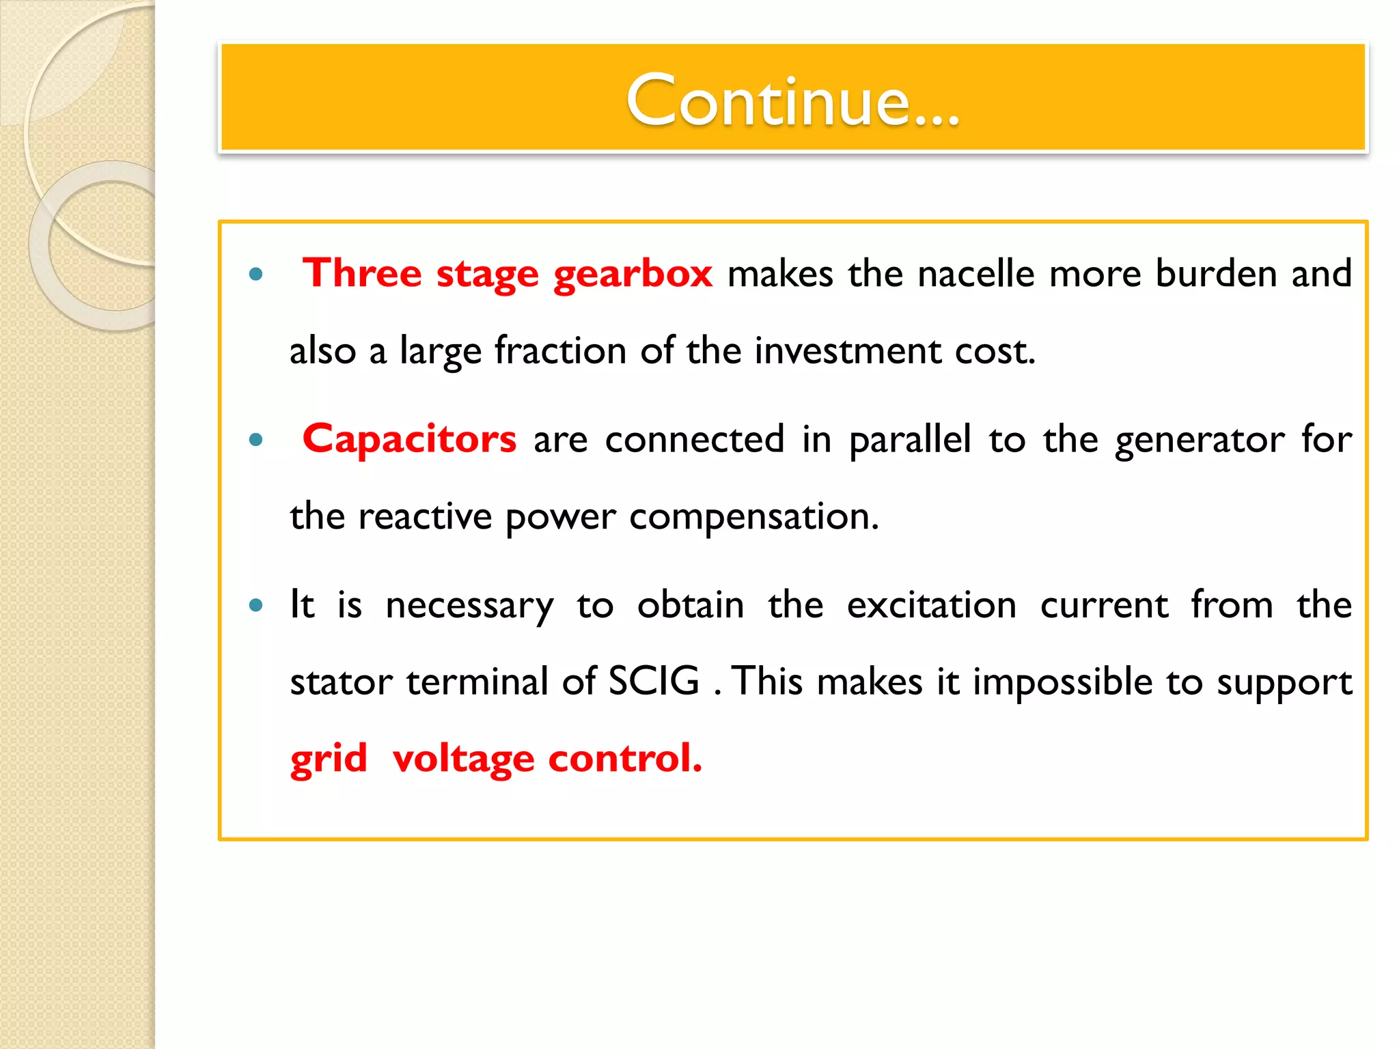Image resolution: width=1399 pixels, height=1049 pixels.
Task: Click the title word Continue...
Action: [x=792, y=100]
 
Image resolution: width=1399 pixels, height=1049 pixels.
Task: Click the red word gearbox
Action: [x=633, y=275]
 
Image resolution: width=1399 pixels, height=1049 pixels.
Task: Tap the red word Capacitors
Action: [x=409, y=439]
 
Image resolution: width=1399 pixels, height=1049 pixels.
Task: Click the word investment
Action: [x=847, y=352]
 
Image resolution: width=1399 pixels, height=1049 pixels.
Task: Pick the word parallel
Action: [x=910, y=439]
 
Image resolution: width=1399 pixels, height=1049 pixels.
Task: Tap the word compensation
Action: [x=754, y=518]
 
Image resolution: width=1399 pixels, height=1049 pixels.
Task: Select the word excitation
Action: [x=932, y=605]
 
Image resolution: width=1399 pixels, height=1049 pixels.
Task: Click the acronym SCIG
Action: [x=654, y=682]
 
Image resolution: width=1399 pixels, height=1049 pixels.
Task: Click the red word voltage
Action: [x=463, y=759]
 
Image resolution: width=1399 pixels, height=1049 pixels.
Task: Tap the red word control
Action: [x=625, y=759]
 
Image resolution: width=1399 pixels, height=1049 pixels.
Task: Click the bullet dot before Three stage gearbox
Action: [x=256, y=275]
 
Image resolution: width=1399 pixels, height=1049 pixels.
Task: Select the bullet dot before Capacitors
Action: [x=256, y=440]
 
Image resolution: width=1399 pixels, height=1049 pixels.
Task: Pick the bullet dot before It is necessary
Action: [x=256, y=605]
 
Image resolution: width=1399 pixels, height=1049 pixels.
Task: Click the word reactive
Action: [x=425, y=517]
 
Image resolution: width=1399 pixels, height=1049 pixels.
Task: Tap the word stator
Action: [x=341, y=682]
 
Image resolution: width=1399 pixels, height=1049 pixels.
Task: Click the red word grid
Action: [x=329, y=759]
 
